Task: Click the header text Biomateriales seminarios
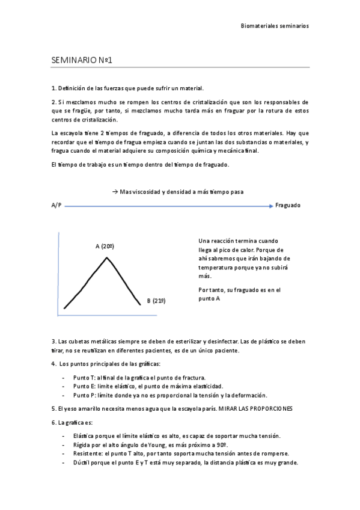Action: click(275, 26)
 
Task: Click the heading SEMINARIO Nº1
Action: click(83, 60)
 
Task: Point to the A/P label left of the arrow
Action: click(56, 206)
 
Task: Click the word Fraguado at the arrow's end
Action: click(288, 206)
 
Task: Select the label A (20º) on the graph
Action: click(105, 246)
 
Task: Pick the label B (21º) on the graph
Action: click(156, 301)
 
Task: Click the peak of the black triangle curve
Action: click(107, 258)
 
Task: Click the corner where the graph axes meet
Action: click(58, 315)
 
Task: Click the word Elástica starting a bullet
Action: click(84, 435)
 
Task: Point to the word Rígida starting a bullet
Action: click(83, 444)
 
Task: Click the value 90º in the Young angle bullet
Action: click(222, 444)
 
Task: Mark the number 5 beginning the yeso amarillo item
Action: click(53, 408)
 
